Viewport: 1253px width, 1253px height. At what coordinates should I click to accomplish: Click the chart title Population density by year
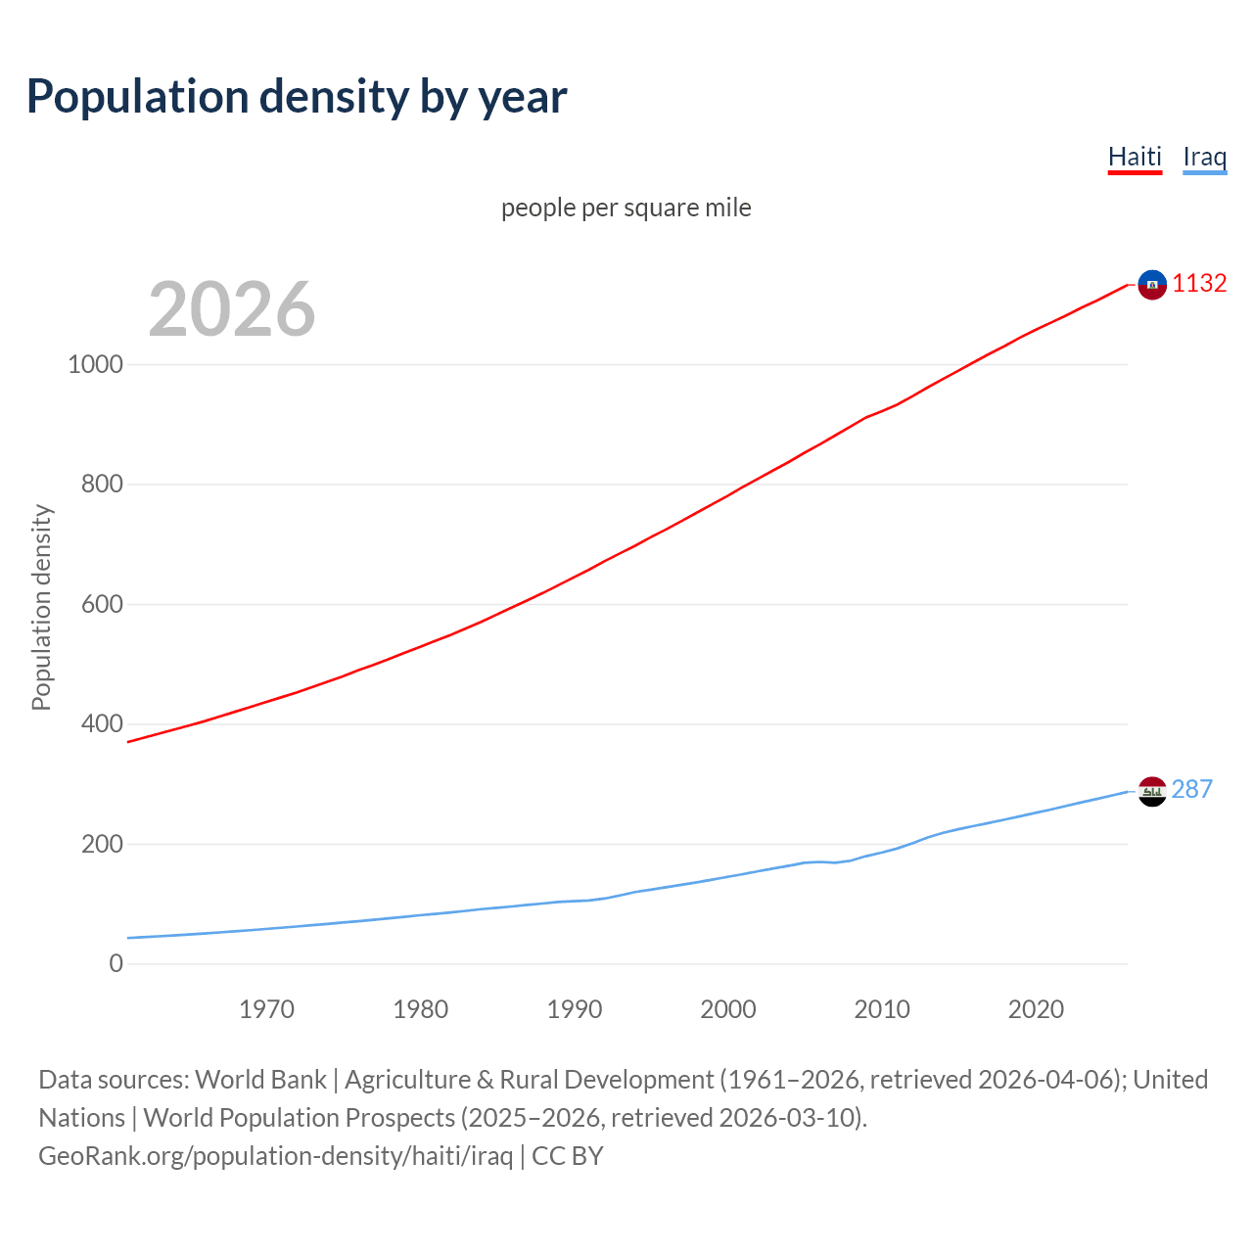297,97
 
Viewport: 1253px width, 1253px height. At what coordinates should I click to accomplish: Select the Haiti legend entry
1135,157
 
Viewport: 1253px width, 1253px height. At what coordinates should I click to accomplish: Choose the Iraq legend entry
1204,157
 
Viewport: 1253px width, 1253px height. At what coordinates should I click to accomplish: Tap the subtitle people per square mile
626,208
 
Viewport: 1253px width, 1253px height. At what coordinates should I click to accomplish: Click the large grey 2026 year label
232,309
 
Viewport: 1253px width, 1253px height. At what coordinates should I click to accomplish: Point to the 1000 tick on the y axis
96,364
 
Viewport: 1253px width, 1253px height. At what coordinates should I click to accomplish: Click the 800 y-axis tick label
102,484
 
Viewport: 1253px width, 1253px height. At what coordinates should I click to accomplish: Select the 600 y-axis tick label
102,604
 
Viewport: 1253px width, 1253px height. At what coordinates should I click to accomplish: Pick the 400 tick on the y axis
102,723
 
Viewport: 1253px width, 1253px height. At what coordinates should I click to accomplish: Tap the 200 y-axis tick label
102,844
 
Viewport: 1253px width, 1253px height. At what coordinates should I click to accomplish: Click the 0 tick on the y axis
116,963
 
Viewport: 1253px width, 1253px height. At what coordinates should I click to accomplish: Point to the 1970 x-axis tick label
266,1009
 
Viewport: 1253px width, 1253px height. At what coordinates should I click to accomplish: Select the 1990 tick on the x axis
575,1009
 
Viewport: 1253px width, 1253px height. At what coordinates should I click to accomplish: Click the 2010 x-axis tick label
882,1009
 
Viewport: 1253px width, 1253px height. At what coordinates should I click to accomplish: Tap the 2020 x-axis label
1036,1009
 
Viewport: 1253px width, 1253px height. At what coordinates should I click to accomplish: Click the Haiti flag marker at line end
1152,285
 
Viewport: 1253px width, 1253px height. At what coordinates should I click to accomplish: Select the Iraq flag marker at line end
1152,791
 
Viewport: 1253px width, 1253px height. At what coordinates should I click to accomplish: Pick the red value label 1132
1199,283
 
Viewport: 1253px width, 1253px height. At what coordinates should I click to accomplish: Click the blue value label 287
1191,789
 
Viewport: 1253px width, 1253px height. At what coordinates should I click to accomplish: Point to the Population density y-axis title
41,607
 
